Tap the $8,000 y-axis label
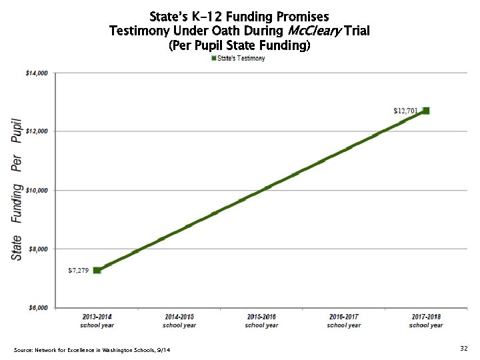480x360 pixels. tap(38, 249)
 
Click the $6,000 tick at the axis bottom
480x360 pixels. tap(38, 307)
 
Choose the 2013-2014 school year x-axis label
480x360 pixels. tap(97, 321)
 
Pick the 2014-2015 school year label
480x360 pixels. tap(179, 321)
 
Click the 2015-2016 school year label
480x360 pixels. tap(261, 321)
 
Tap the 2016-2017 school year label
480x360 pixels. tap(343, 321)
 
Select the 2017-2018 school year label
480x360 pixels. tap(426, 321)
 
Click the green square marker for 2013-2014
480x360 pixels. tap(97, 270)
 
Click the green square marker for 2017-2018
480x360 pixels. tap(426, 111)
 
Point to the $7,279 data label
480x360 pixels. tap(78, 271)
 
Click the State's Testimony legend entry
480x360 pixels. tap(238, 59)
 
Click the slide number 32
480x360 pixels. tap(463, 349)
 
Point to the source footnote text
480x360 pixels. tap(91, 350)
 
